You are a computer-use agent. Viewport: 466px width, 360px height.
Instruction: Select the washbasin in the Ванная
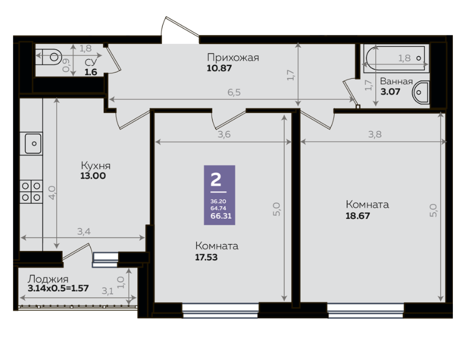(420, 92)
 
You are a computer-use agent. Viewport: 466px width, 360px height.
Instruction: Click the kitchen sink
(31, 143)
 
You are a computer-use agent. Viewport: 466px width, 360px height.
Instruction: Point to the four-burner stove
(31, 192)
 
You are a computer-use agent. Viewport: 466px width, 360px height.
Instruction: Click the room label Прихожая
(233, 57)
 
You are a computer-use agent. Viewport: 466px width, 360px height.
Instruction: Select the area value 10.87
(219, 68)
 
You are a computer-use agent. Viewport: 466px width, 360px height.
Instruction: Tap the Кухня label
(96, 165)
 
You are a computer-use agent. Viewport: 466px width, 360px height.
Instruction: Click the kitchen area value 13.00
(93, 176)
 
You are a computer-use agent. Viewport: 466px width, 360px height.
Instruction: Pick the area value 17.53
(206, 257)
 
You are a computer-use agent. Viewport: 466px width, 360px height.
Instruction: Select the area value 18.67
(358, 215)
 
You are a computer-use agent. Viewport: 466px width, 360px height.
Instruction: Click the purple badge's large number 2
(216, 179)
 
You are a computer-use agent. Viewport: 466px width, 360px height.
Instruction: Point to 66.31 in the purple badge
(221, 216)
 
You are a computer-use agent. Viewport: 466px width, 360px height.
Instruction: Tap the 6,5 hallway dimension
(234, 92)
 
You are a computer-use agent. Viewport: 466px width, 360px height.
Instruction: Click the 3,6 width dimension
(224, 134)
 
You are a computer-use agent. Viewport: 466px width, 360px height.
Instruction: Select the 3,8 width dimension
(375, 134)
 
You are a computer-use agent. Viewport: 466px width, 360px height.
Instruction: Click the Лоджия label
(48, 279)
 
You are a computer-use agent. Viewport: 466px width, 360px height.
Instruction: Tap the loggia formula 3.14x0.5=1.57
(58, 288)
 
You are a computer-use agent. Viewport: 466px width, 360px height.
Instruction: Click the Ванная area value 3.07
(390, 92)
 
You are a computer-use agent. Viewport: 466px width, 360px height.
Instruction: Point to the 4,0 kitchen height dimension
(52, 192)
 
